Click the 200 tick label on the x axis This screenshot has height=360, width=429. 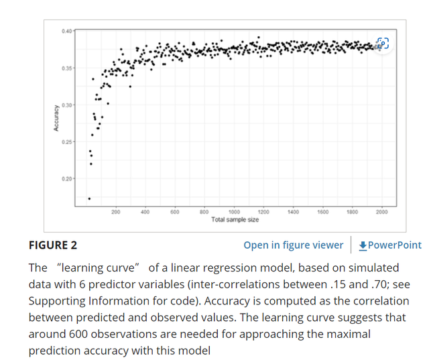(x=116, y=212)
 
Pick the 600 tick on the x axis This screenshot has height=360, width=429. (x=175, y=212)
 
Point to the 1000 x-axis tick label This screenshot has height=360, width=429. (x=235, y=212)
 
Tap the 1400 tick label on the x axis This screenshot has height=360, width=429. (x=293, y=212)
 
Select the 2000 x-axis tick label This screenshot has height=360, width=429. (x=382, y=212)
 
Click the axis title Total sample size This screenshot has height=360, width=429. (x=235, y=219)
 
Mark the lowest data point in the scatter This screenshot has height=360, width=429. (x=89, y=198)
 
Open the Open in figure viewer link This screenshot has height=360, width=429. (x=293, y=245)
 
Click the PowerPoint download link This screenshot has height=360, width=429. (x=390, y=245)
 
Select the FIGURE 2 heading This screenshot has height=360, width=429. (x=53, y=245)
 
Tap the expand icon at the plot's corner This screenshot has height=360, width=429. (x=382, y=43)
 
